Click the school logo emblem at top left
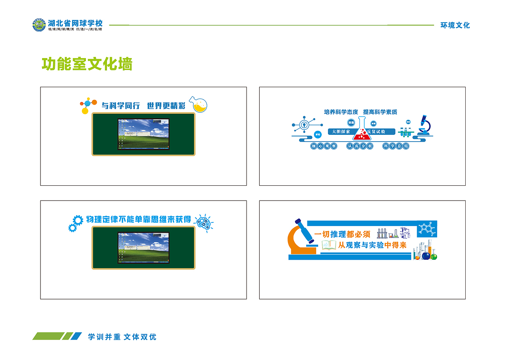(x=39, y=25)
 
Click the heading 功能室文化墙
(x=87, y=64)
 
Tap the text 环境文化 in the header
(x=455, y=25)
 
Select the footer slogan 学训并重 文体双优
(x=122, y=337)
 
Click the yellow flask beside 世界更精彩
(x=198, y=104)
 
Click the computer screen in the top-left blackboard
(x=143, y=134)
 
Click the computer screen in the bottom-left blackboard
(x=143, y=248)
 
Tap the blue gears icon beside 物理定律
(x=75, y=223)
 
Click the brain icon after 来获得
(x=204, y=221)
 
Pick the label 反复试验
(x=376, y=132)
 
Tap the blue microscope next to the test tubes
(x=424, y=125)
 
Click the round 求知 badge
(x=317, y=134)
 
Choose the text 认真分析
(x=360, y=146)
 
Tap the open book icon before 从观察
(x=328, y=245)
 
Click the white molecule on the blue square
(x=427, y=228)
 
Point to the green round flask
(x=433, y=256)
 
